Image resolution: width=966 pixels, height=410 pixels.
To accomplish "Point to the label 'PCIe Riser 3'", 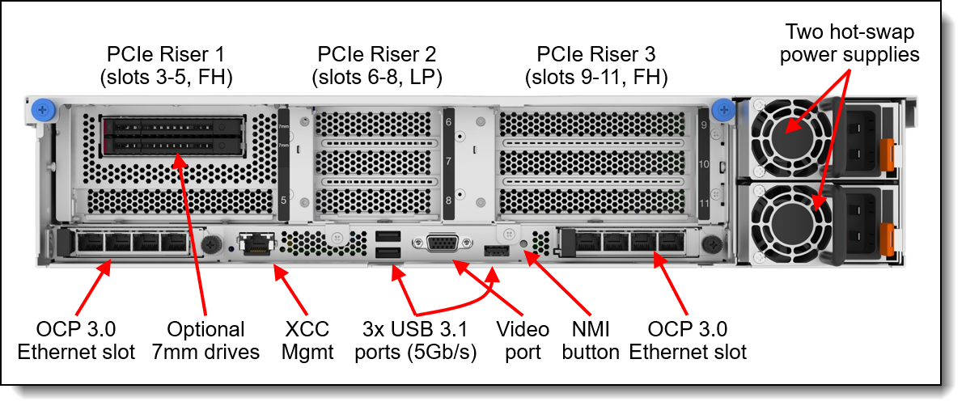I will point(596,66).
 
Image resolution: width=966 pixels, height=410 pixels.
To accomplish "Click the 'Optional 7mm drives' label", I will point(205,340).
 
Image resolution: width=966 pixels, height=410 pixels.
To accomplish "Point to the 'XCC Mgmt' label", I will point(307,340).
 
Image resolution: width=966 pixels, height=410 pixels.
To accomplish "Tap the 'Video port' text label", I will point(523,340).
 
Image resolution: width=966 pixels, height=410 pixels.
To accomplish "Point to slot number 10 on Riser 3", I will point(704,164).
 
